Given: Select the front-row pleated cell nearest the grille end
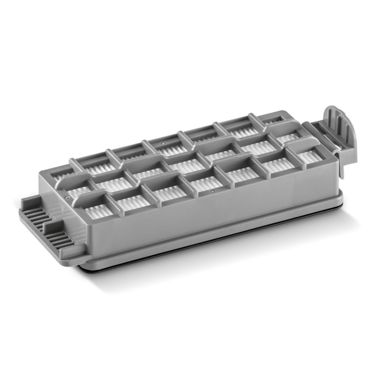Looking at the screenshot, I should point(99,210).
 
